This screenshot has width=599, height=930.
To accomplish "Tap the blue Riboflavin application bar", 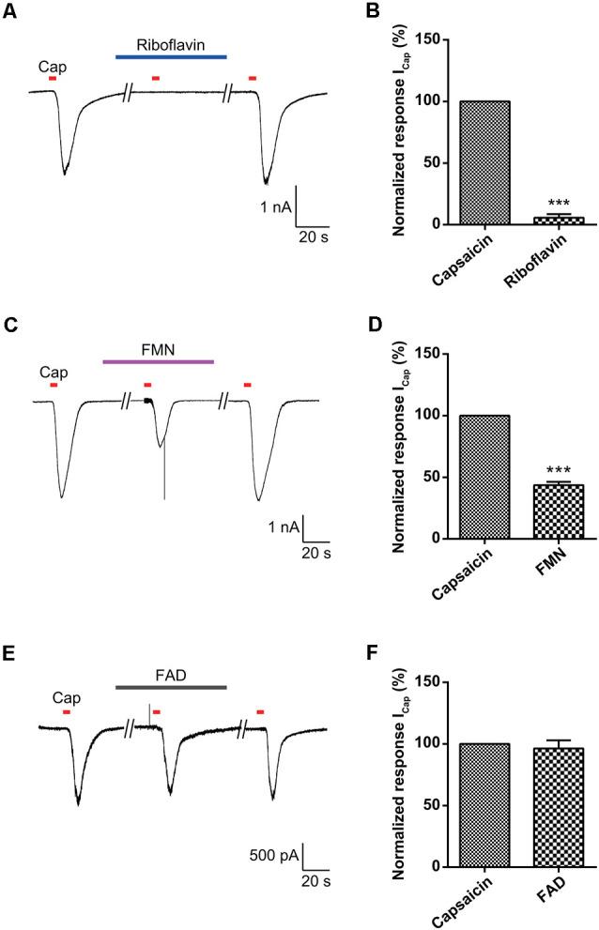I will coord(170,57).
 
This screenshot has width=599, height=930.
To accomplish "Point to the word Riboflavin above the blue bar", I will coord(170,44).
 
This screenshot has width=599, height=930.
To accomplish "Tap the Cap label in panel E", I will coord(66,698).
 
